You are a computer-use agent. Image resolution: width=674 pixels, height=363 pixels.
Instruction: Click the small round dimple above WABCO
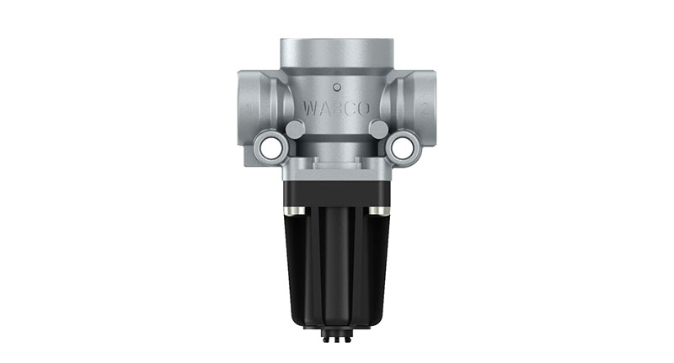tap(336, 86)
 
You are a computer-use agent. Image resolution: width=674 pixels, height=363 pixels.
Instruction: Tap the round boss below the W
tap(295, 130)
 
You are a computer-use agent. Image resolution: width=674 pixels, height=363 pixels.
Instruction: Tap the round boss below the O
tap(378, 130)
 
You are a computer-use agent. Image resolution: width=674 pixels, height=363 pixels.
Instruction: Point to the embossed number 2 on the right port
tap(427, 108)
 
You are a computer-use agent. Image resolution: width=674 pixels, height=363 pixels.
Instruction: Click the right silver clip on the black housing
tap(383, 209)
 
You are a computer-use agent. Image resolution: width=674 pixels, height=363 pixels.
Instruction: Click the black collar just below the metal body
tap(336, 190)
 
